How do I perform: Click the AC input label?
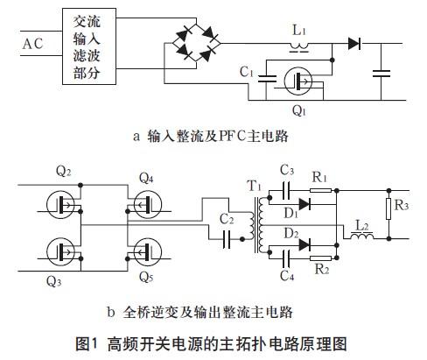click(x=32, y=44)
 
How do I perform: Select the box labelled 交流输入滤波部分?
click(x=89, y=46)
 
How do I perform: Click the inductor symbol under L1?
click(x=299, y=46)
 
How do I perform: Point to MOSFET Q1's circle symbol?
click(x=297, y=81)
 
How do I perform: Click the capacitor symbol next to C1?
click(x=267, y=78)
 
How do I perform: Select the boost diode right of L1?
click(x=354, y=44)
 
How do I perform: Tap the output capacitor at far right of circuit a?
click(x=381, y=74)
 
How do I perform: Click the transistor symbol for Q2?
click(x=60, y=205)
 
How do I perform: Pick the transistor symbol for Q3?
click(x=60, y=252)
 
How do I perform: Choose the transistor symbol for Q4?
click(x=148, y=205)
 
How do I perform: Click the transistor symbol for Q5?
click(x=148, y=252)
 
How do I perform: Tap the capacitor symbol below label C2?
click(x=227, y=239)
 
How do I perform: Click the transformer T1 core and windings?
click(x=256, y=225)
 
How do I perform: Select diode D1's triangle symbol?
click(x=304, y=204)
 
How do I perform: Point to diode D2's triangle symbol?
click(x=304, y=244)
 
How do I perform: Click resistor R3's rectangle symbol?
click(x=388, y=208)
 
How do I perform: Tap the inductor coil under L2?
click(x=361, y=236)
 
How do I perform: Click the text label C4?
click(x=287, y=275)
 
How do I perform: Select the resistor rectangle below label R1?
click(x=320, y=191)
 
